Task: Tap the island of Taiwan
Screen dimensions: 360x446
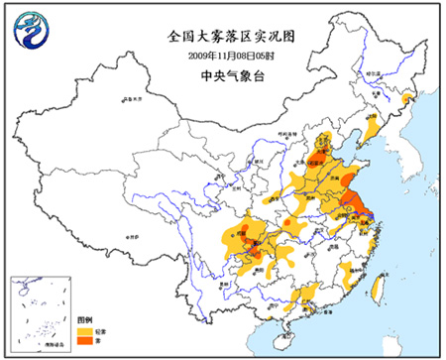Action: [x=377, y=289]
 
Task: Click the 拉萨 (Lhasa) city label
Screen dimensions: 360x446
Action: [x=132, y=238]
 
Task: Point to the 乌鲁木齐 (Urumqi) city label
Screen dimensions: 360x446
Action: [x=129, y=98]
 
